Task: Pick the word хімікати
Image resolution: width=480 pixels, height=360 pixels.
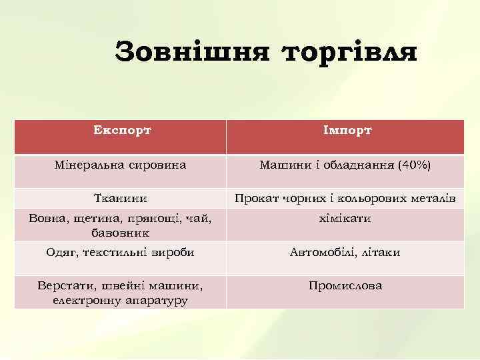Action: coord(345,219)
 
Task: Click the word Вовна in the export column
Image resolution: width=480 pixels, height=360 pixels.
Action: coord(45,219)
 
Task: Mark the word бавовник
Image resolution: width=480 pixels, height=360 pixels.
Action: coord(121,233)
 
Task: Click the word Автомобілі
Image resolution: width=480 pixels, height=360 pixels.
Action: coord(323,253)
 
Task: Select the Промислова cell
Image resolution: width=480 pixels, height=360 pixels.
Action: coord(345,286)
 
